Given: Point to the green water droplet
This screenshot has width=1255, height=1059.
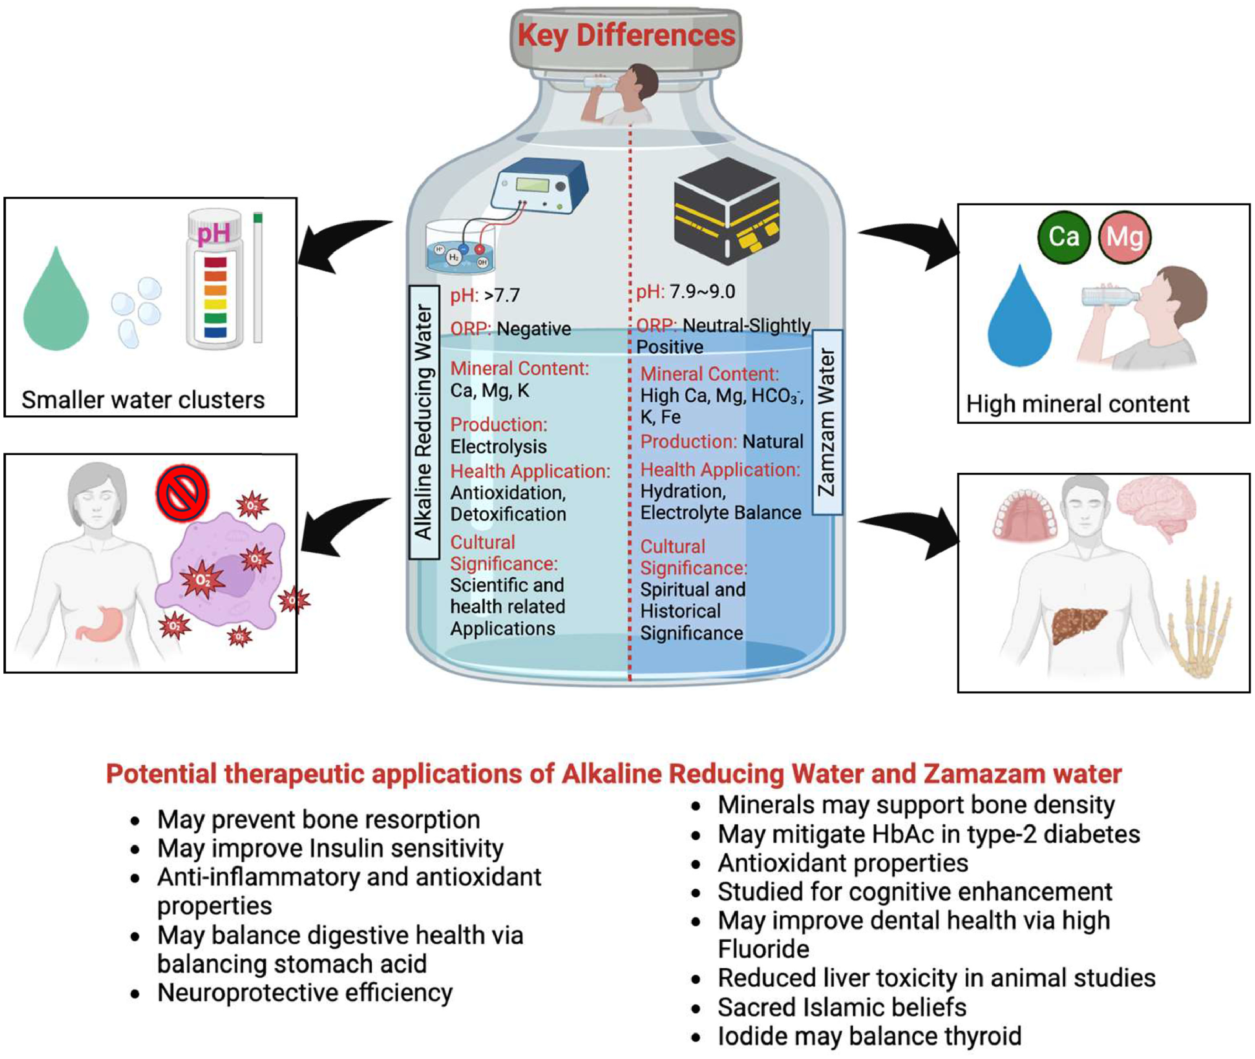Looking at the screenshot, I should (56, 303).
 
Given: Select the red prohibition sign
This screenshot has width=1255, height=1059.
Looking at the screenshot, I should (183, 493).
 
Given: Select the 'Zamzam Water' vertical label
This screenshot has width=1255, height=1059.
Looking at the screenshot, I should (827, 422).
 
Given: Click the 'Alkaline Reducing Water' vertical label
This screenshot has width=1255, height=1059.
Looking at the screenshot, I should (424, 422).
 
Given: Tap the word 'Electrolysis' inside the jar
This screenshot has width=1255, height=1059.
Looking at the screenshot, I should (498, 446).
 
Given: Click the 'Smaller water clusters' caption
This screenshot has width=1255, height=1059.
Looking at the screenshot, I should (143, 400).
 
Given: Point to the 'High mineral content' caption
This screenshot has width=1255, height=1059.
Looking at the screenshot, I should (1077, 404).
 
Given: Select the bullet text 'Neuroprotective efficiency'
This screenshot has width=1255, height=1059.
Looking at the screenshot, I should (304, 993).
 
